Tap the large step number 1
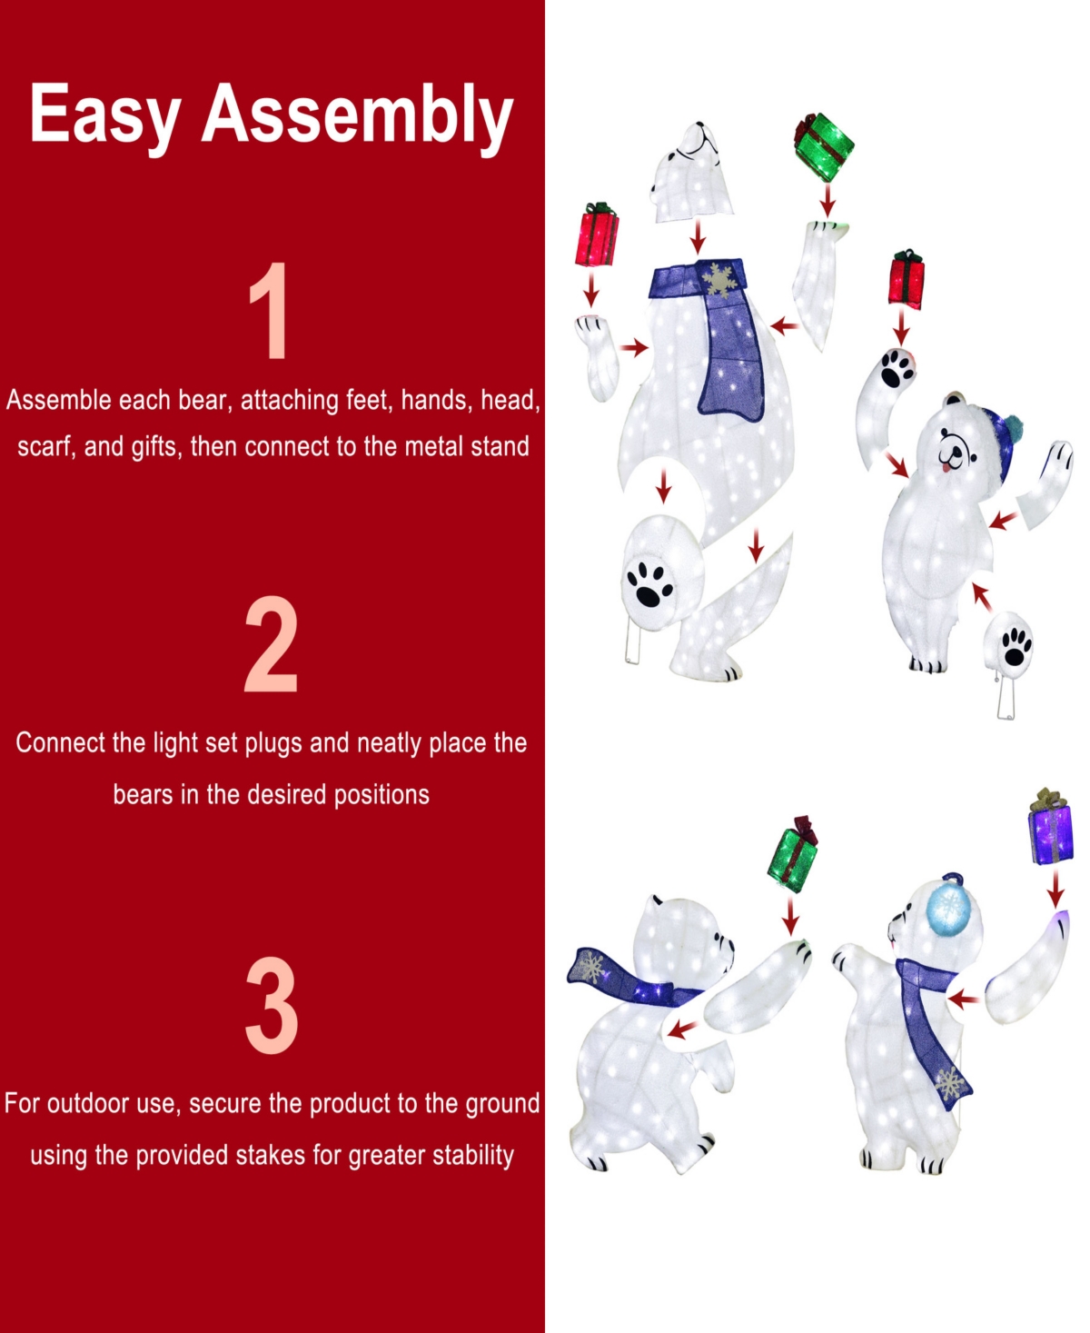point(269,311)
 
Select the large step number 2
point(271,645)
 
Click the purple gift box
point(1052,829)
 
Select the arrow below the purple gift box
point(1055,890)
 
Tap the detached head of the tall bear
point(691,172)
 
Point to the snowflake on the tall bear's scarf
point(718,279)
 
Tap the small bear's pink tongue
point(946,466)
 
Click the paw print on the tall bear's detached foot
point(649,584)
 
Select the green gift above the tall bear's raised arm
point(824,147)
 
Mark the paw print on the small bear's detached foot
point(1016,646)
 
